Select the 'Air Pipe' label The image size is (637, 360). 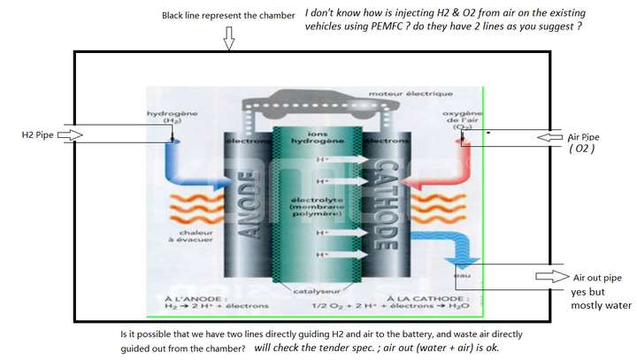(x=583, y=137)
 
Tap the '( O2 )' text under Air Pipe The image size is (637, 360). (x=582, y=149)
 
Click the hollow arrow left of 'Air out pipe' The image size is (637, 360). (x=550, y=277)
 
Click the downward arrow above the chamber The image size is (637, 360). (x=228, y=37)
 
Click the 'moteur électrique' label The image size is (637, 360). (x=424, y=94)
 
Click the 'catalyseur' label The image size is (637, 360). (x=316, y=290)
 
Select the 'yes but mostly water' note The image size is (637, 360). (x=601, y=299)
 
